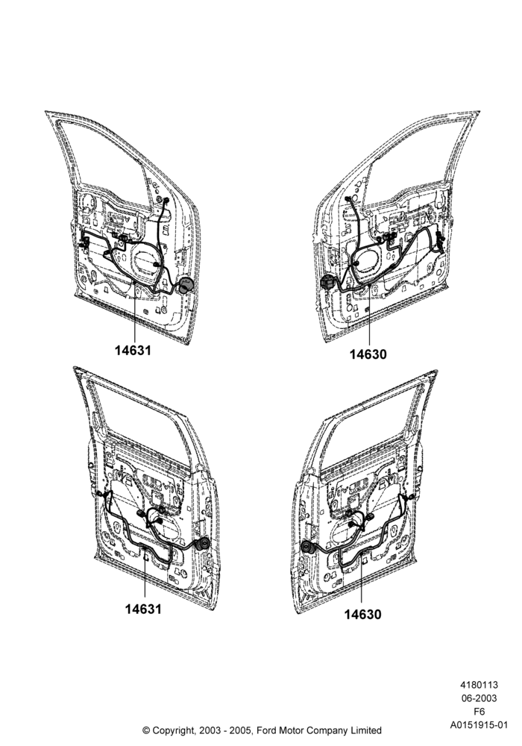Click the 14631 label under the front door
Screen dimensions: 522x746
pyautogui.click(x=133, y=351)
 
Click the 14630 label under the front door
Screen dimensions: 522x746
pyautogui.click(x=368, y=354)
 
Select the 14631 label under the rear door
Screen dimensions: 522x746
pyautogui.click(x=144, y=609)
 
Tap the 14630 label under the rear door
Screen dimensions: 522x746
pyautogui.click(x=362, y=615)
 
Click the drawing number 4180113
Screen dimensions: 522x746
pyautogui.click(x=479, y=685)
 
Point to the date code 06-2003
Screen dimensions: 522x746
pyautogui.click(x=479, y=698)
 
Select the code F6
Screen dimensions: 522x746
pyautogui.click(x=479, y=712)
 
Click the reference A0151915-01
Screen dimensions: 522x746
pyautogui.click(x=479, y=726)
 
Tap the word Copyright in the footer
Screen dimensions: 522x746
pyautogui.click(x=173, y=730)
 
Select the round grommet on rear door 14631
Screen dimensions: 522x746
pyautogui.click(x=204, y=545)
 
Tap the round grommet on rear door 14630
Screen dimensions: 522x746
pyautogui.click(x=307, y=548)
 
